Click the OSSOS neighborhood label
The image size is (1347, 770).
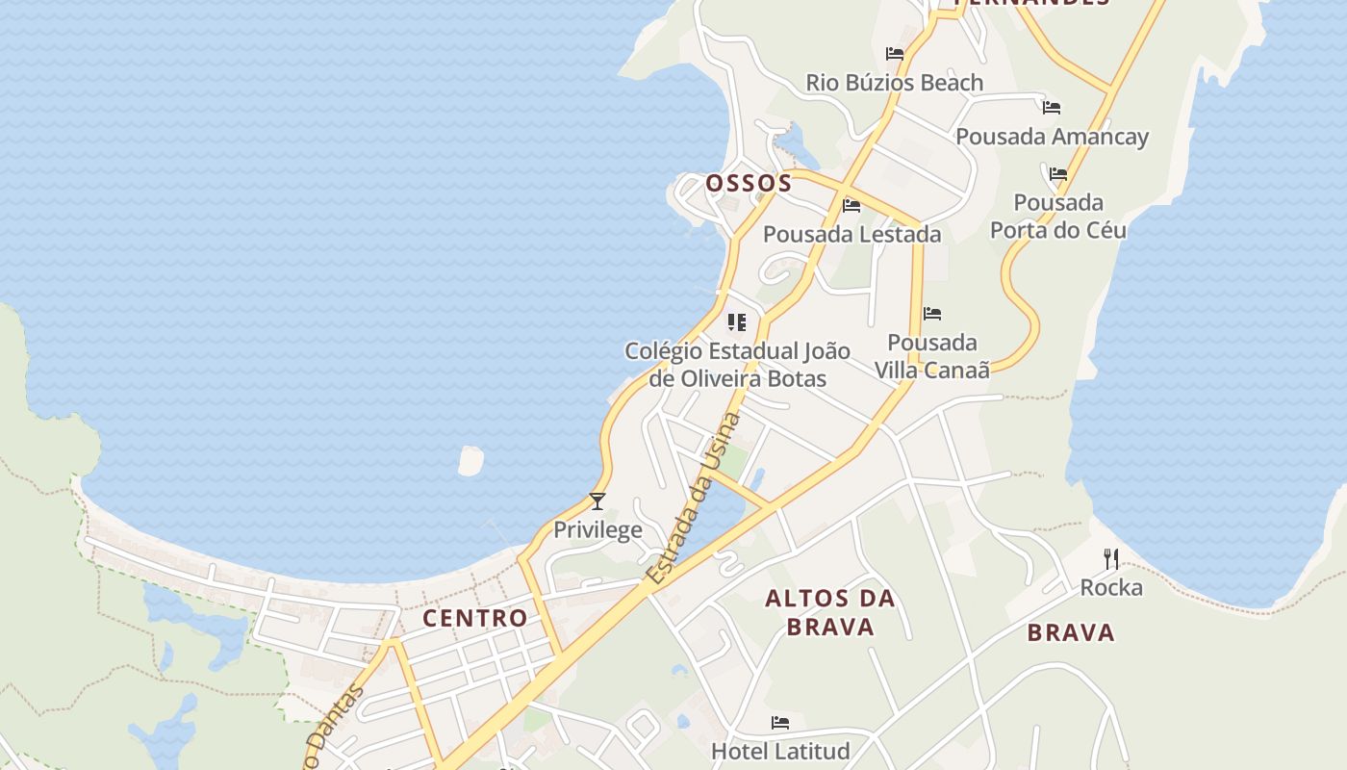(749, 183)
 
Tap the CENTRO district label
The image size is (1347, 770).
(475, 618)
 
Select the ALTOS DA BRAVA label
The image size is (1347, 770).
(829, 612)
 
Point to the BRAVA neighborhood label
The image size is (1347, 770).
(1071, 632)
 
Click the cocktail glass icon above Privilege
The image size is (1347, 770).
(597, 500)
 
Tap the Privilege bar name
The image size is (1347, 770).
(597, 529)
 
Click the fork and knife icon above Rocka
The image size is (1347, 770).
(1111, 558)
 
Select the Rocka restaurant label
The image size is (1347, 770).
(1111, 587)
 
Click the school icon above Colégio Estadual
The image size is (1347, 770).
(737, 321)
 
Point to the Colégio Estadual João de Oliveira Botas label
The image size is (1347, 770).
(737, 364)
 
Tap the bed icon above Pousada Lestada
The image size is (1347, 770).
(851, 205)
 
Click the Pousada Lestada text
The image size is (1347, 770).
(851, 234)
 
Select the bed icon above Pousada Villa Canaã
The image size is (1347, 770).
(931, 314)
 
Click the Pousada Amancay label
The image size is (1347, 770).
(1052, 137)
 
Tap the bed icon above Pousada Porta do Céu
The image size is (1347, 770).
(1058, 174)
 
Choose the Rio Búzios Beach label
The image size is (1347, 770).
(895, 83)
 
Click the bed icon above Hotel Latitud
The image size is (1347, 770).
(780, 722)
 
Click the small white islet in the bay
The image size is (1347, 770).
(470, 461)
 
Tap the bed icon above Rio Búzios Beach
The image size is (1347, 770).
(895, 54)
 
